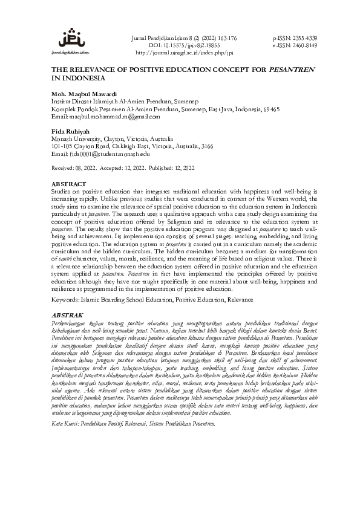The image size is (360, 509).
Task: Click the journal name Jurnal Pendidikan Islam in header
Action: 159,37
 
